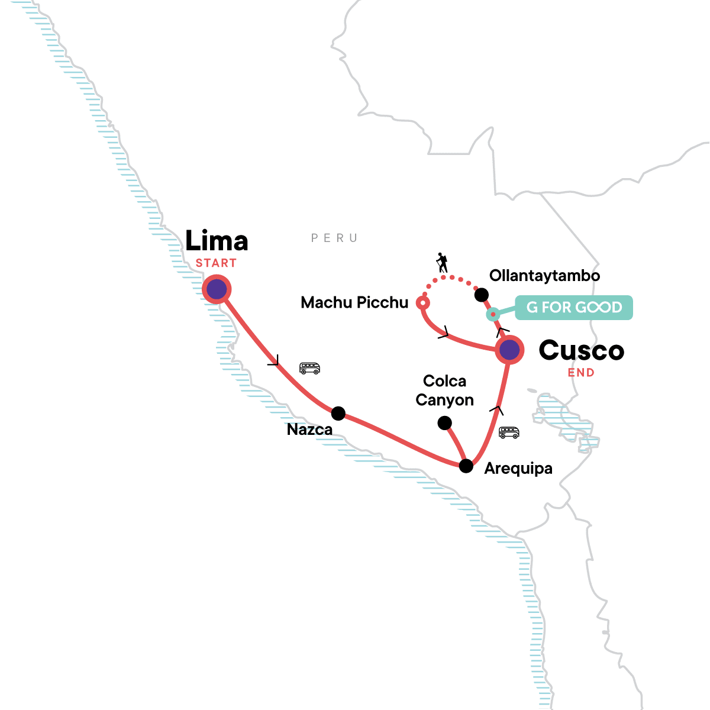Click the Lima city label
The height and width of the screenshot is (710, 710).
(217, 241)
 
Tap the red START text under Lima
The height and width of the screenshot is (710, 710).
(217, 263)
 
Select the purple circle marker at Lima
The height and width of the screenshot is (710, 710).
(217, 290)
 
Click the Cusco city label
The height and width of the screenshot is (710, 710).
(581, 351)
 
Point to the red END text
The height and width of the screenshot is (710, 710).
(581, 373)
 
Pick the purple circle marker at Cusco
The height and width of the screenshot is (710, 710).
(509, 350)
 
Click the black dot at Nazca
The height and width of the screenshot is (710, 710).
(338, 412)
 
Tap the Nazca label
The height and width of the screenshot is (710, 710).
(309, 430)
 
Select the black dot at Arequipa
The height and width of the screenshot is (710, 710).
(466, 466)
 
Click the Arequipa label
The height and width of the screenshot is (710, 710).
(518, 469)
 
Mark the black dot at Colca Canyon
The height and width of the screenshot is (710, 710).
(444, 422)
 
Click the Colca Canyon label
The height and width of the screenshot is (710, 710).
(445, 390)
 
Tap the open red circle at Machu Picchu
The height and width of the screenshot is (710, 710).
(423, 303)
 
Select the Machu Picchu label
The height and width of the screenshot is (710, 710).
(354, 303)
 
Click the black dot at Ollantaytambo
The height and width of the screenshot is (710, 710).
(482, 294)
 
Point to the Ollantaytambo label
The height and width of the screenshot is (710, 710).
(544, 276)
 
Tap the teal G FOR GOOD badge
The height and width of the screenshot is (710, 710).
(573, 308)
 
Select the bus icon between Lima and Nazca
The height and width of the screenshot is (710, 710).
(309, 368)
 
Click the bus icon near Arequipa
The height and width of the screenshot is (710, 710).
(509, 432)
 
